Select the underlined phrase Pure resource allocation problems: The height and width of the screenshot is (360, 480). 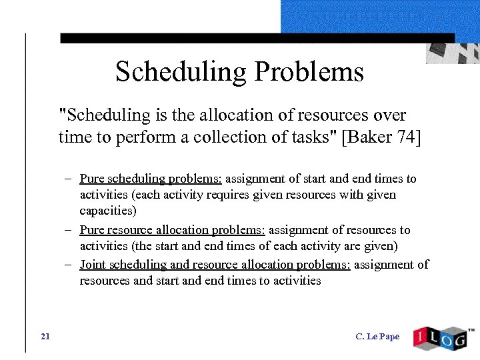pos(172,230)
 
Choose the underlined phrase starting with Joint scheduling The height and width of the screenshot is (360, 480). pos(215,265)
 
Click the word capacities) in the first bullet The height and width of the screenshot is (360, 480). pos(107,211)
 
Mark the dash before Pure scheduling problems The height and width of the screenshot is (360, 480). pos(69,179)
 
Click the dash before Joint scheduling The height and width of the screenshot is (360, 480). pos(69,265)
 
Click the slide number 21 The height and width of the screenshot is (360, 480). pos(45,336)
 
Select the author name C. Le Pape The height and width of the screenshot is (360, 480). pos(377,337)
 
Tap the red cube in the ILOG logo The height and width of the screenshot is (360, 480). pos(421,337)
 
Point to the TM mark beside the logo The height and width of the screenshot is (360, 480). pos(471,329)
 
